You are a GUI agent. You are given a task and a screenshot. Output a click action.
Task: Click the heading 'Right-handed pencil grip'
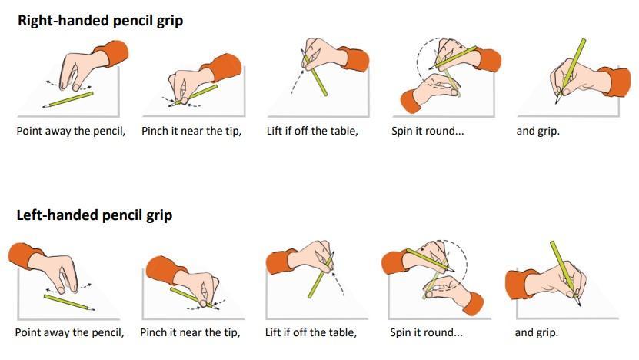pyautogui.click(x=100, y=21)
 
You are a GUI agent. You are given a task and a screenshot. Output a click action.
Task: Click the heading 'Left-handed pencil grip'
pyautogui.click(x=94, y=215)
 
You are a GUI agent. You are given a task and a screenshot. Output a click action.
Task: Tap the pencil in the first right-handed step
pyautogui.click(x=68, y=99)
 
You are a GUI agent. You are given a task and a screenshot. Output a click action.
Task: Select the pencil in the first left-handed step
pyautogui.click(x=69, y=302)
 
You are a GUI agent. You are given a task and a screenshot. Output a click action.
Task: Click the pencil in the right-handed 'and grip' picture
pyautogui.click(x=571, y=71)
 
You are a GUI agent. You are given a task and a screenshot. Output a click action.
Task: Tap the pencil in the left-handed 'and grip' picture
pyautogui.click(x=565, y=273)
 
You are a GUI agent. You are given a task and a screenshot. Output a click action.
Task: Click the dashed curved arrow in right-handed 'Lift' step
pyautogui.click(x=297, y=81)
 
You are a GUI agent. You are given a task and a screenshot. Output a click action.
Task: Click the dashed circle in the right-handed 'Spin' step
pyautogui.click(x=418, y=62)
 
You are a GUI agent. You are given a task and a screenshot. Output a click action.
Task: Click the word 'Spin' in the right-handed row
pyautogui.click(x=402, y=132)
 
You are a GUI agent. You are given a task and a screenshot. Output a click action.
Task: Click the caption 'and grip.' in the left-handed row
pyautogui.click(x=536, y=332)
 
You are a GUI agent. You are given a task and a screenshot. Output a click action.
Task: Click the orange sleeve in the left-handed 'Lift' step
pyautogui.click(x=281, y=261)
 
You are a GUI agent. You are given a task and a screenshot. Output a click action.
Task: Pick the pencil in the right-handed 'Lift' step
pyautogui.click(x=315, y=73)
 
